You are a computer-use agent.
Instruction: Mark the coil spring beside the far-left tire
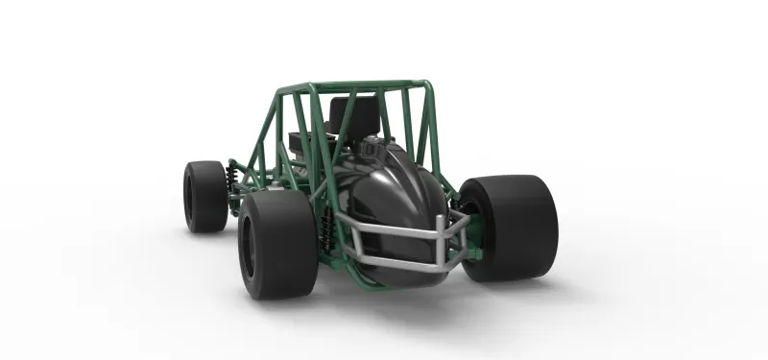(x=231, y=179)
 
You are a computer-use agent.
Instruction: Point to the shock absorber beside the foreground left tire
(x=325, y=230)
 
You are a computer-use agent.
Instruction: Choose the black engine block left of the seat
(x=303, y=142)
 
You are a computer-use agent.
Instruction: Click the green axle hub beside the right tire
(x=463, y=227)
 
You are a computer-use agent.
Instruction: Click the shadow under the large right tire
(x=538, y=285)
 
